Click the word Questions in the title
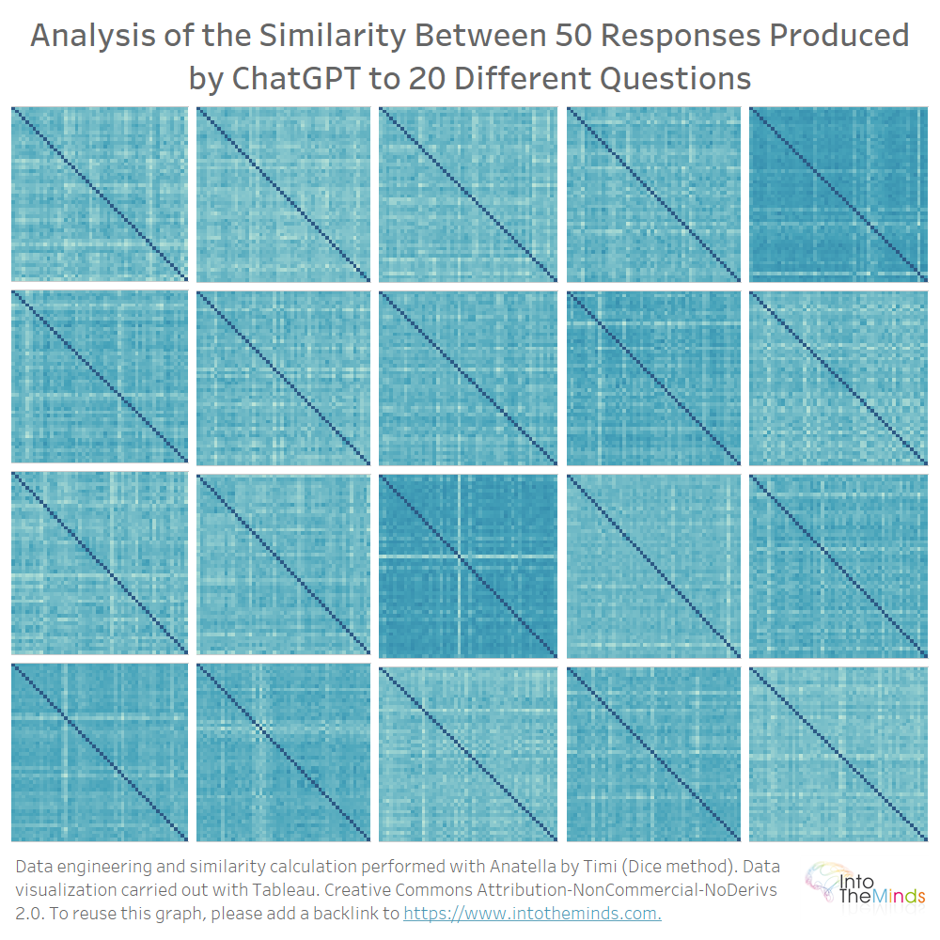[675, 77]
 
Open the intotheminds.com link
[532, 913]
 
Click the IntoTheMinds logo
[865, 884]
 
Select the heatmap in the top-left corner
[100, 193]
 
